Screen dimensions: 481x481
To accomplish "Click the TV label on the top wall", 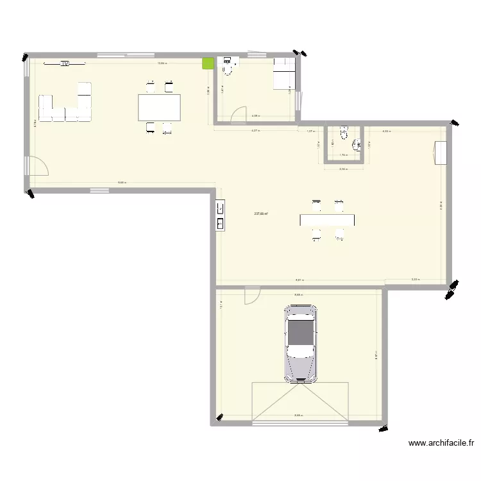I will tap(65, 63).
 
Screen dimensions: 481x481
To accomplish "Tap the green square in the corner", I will tap(208, 63).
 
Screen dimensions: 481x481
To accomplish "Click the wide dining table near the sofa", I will tap(159, 107).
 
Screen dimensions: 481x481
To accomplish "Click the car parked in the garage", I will tap(301, 343).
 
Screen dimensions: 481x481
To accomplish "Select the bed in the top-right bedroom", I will tap(283, 74).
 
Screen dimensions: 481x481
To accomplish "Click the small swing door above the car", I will tap(251, 294).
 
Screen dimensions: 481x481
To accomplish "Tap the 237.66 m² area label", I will tap(261, 214).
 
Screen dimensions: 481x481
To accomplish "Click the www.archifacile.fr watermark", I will tap(441, 443).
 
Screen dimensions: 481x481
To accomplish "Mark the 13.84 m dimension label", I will tap(163, 63).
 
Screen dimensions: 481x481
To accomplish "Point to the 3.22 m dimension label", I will tap(415, 280).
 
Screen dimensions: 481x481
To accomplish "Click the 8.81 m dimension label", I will tap(300, 280).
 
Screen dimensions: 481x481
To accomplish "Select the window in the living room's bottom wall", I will tap(99, 190).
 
